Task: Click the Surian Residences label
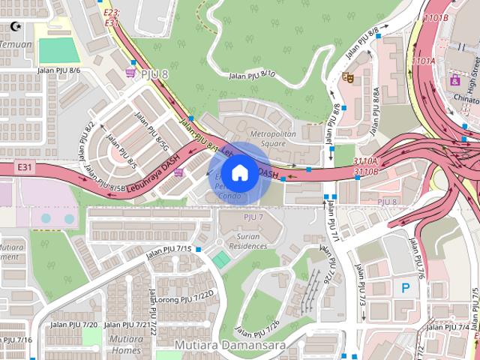[247, 240]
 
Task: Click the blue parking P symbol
[406, 286]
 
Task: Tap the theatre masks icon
[347, 76]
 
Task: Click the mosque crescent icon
[15, 26]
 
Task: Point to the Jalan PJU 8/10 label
[252, 74]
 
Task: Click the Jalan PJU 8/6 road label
[58, 70]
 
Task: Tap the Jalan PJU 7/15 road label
[169, 249]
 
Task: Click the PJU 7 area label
[253, 217]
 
